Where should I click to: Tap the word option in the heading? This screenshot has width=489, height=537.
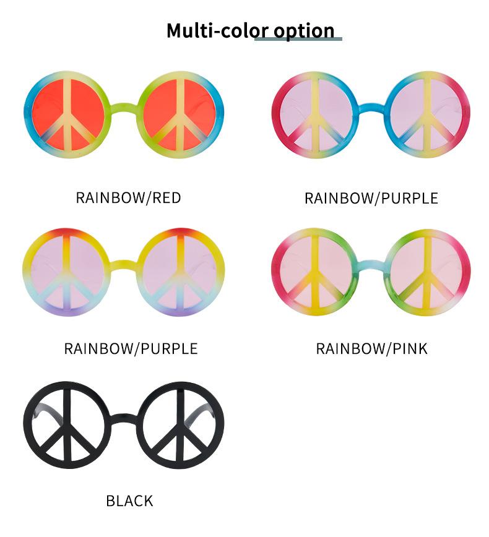[304, 30]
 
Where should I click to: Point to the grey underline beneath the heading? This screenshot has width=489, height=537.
[298, 39]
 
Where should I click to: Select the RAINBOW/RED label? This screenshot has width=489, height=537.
[128, 198]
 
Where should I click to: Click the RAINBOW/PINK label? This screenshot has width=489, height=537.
[371, 349]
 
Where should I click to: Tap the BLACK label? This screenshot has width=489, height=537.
[129, 500]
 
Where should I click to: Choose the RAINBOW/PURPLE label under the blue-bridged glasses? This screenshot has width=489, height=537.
[371, 199]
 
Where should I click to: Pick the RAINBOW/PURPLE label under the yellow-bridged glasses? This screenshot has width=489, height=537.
[131, 349]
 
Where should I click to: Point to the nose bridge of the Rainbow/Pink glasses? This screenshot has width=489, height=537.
[370, 263]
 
